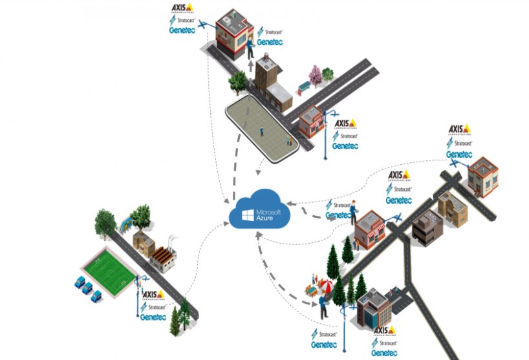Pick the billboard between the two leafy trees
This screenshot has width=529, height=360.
click(125, 225)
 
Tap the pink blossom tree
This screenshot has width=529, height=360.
click(315, 76)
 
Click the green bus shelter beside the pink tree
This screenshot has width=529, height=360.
click(303, 88)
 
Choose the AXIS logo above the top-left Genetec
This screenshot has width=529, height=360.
click(183, 8)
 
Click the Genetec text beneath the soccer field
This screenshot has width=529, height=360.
click(153, 317)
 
